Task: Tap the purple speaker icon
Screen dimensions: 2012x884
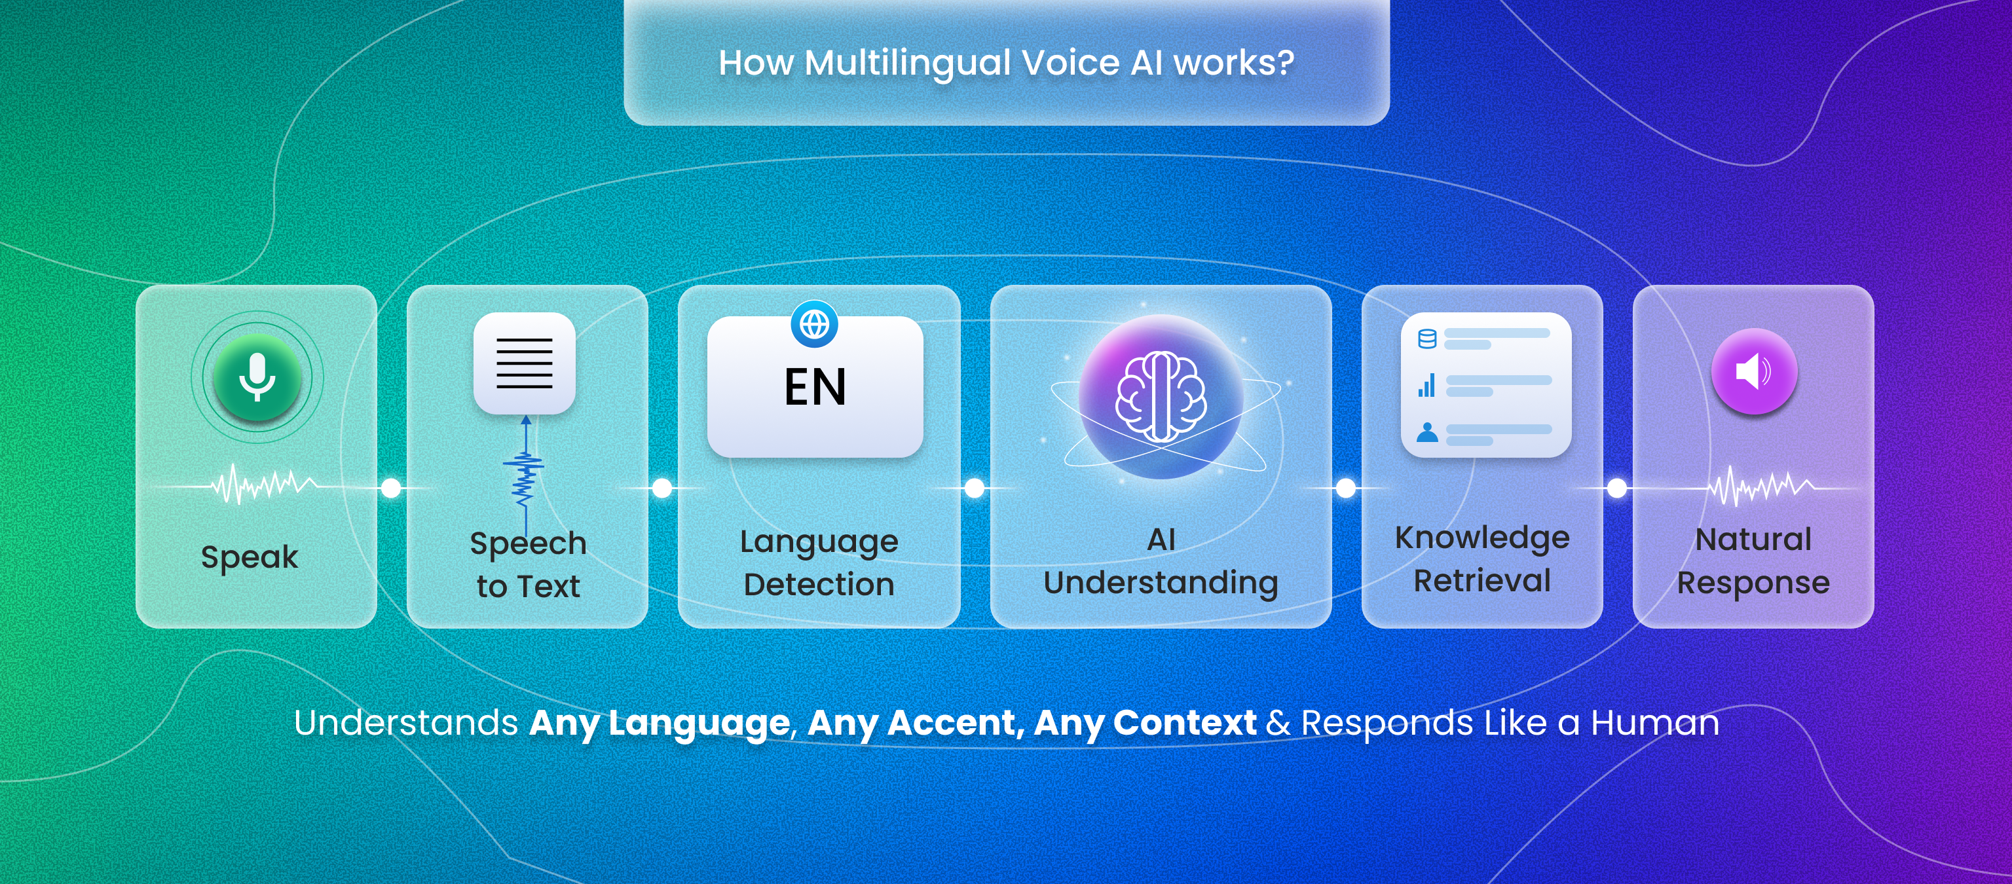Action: [1754, 372]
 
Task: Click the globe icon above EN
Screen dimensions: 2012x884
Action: [815, 324]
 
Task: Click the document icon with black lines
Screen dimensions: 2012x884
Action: [524, 363]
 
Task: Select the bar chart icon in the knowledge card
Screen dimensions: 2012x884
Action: [1427, 385]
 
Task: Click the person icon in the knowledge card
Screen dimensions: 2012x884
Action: [1427, 432]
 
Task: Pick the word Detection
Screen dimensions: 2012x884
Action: [819, 584]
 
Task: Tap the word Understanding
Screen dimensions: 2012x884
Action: [1161, 583]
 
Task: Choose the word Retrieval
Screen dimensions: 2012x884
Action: [1481, 580]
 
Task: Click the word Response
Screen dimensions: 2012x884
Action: [1753, 583]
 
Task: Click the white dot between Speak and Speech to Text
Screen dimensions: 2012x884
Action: [391, 488]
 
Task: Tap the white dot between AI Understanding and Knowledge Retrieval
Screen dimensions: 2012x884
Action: [1346, 488]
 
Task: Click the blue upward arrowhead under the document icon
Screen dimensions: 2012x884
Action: [526, 420]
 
